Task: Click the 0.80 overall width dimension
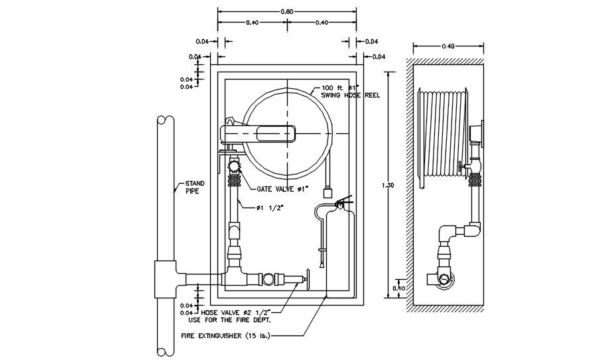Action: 287,11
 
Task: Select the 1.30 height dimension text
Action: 389,186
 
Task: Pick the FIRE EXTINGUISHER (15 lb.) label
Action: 225,335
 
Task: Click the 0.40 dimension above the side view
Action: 448,46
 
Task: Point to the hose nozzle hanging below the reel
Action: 326,193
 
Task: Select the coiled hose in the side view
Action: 442,133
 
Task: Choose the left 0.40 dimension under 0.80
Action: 252,23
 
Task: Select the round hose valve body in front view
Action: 267,279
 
